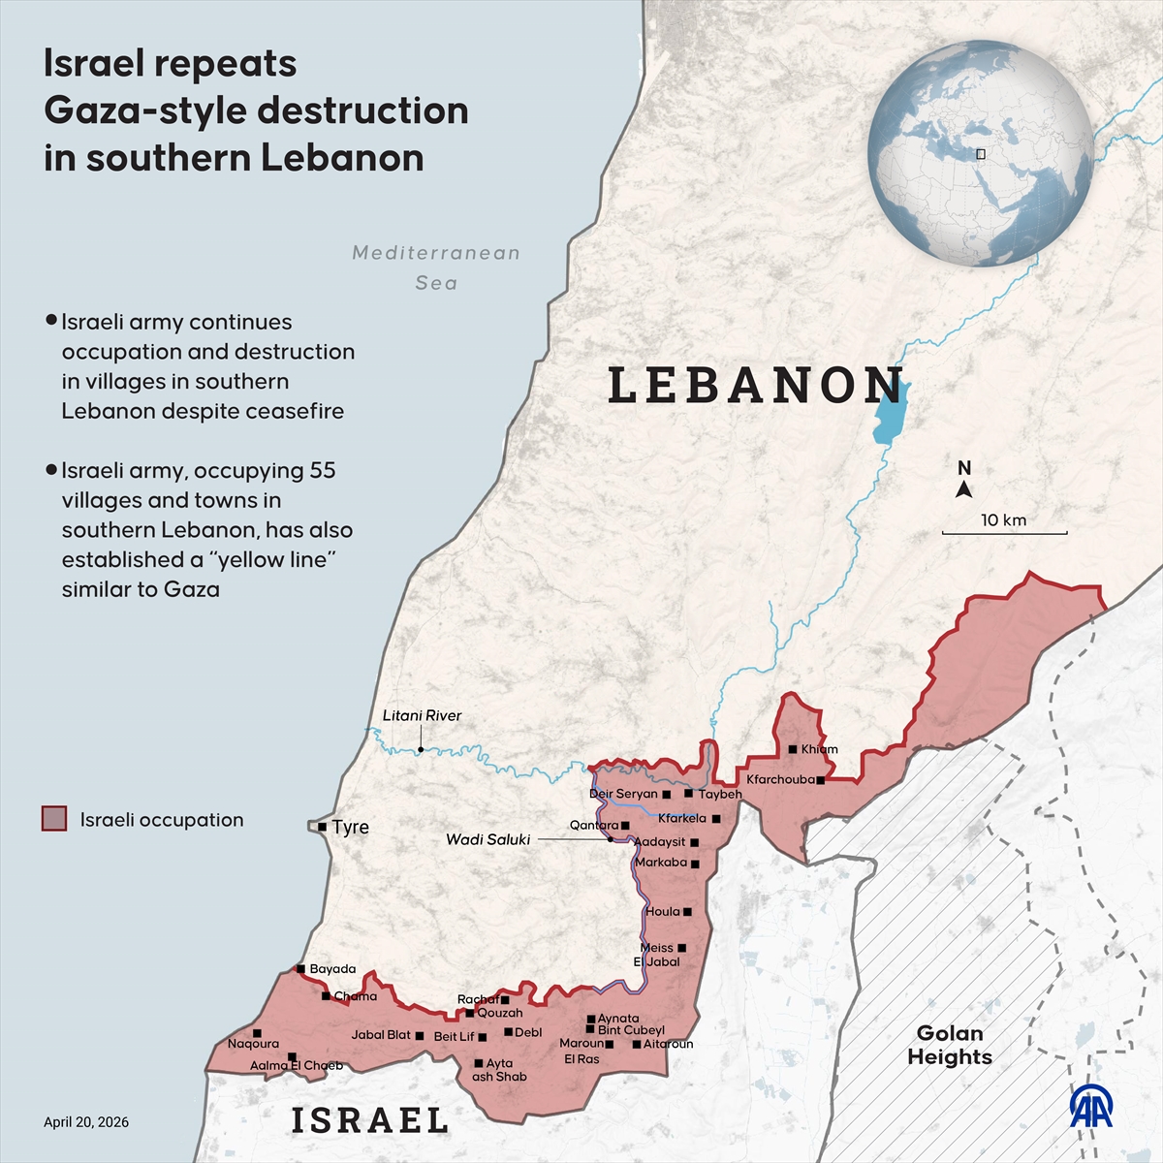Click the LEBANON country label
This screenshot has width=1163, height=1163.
coord(756,385)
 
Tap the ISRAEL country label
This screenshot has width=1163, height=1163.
coord(370,1120)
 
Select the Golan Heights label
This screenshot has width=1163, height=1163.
coord(950,1045)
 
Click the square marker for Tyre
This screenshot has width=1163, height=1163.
coord(322,827)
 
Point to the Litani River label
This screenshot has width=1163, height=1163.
coord(422,715)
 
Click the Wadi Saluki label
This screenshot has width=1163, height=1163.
coord(487,839)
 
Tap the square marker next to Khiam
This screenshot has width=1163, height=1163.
coord(793,749)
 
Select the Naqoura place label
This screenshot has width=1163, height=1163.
coord(253,1044)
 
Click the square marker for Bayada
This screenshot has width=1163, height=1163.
coord(301,968)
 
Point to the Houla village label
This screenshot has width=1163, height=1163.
coord(663,911)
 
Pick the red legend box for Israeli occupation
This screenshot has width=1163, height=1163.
coord(54,819)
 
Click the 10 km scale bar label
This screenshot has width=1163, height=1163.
coord(1003,520)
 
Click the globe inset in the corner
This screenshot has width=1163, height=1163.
coord(980,153)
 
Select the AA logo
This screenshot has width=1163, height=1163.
coord(1091,1106)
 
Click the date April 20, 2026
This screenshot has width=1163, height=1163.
coord(86,1122)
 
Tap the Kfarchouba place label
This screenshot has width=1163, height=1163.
coord(780,779)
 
